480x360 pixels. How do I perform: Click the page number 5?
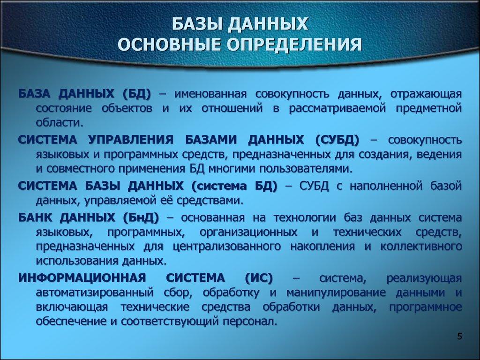459,336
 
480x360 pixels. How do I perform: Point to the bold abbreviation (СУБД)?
337,140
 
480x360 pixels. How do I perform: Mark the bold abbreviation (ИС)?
258,278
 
